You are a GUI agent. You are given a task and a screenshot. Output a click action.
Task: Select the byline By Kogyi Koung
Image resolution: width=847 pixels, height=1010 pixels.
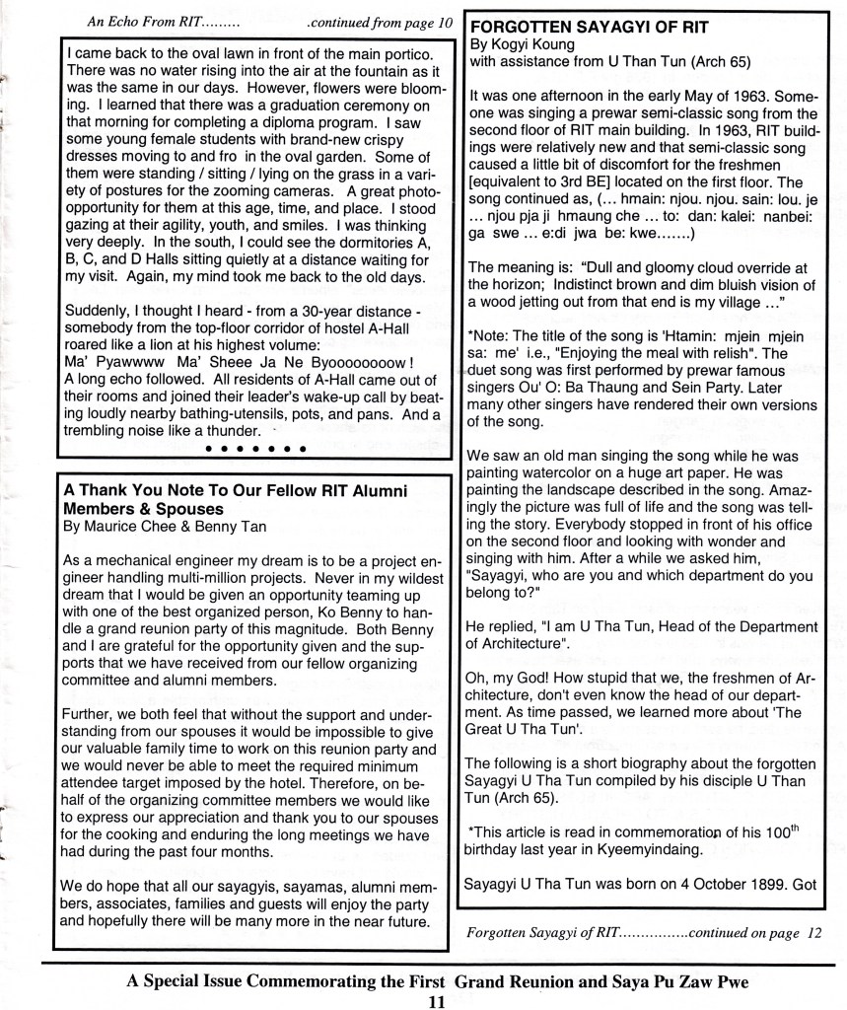coord(524,45)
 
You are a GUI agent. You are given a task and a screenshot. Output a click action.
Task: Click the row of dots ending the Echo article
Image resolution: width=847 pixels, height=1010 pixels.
coord(255,450)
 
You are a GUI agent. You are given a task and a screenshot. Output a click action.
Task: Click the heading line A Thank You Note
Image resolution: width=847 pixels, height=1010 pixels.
coord(234,490)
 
